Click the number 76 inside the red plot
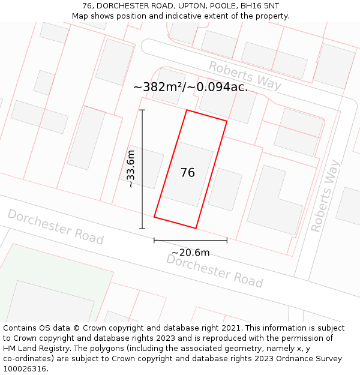point(187,173)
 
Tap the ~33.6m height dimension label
point(131,169)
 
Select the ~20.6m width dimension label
point(191,253)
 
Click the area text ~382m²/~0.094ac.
point(190,87)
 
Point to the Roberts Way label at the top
point(245,74)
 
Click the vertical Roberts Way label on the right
point(325,196)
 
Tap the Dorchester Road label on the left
point(55,227)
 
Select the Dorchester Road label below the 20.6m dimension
point(214,270)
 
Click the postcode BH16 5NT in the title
point(263,6)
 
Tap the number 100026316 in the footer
point(23,368)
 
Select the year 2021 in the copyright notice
point(230,328)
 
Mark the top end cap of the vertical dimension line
point(142,110)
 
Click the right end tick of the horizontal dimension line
point(227,240)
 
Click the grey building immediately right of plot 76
point(225,189)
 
